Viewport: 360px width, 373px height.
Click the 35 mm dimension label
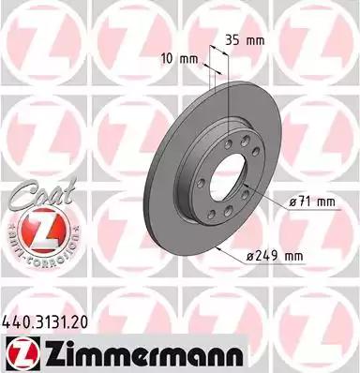coord(245,40)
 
